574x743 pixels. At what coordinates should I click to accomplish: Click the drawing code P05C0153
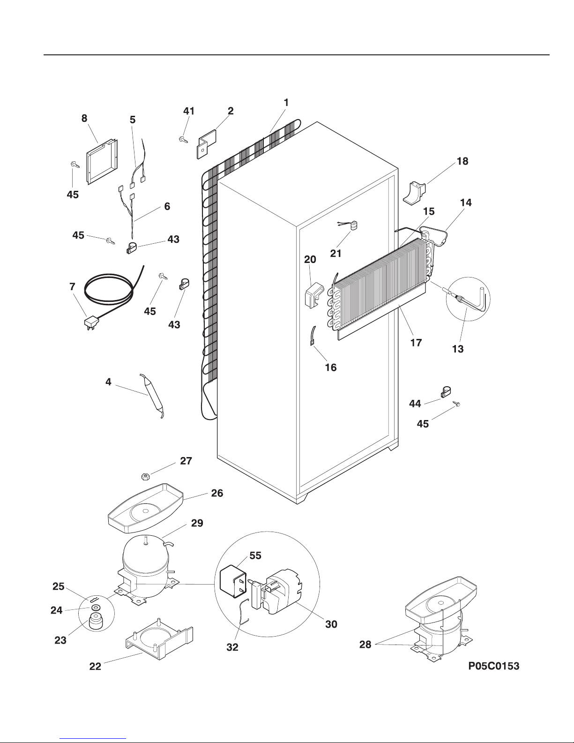(x=493, y=666)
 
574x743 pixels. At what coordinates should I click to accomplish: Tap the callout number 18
(x=462, y=161)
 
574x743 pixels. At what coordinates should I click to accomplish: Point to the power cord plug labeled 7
(x=91, y=323)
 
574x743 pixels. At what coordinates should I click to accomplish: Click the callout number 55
(x=255, y=555)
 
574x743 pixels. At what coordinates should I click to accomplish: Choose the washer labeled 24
(x=95, y=607)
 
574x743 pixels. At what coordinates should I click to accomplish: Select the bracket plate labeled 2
(x=207, y=143)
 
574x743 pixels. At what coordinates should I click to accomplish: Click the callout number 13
(x=457, y=349)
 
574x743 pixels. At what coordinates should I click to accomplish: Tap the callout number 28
(x=365, y=645)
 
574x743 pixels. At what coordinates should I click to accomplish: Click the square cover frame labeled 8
(x=102, y=161)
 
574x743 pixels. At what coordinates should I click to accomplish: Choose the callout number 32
(x=232, y=647)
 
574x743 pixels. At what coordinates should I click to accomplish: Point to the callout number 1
(x=286, y=102)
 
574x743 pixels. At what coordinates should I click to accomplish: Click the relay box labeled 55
(x=234, y=582)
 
